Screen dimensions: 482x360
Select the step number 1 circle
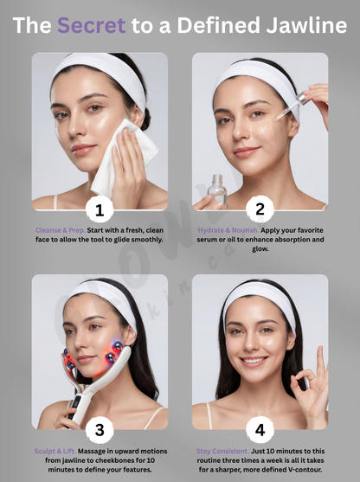100,209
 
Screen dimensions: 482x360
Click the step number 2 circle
260,209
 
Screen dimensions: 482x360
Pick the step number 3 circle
100,428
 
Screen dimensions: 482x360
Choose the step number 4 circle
260,428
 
